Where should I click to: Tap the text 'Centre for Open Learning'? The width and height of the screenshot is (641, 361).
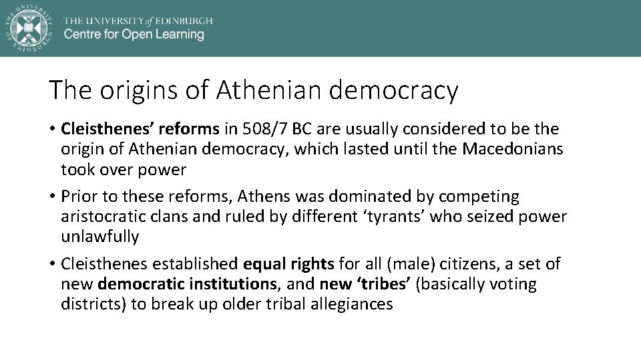tap(134, 34)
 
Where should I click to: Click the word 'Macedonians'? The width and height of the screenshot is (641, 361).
tap(521, 148)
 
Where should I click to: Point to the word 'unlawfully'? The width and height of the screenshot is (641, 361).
tap(99, 237)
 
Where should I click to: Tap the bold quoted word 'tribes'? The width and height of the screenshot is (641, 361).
tap(383, 284)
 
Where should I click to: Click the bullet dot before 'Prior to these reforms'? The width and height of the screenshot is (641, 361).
tap(52, 197)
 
